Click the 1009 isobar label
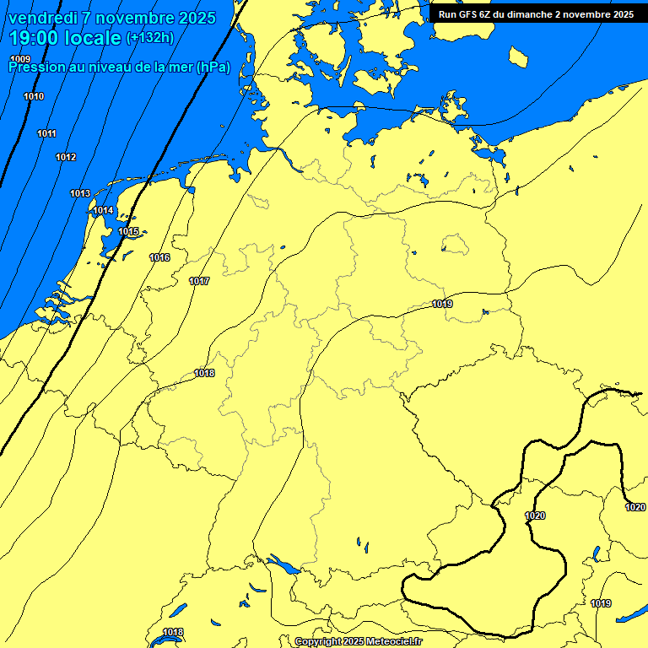(20, 58)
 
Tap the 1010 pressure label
(34, 96)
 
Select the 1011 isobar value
(46, 133)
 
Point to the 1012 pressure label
(66, 157)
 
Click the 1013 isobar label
(80, 193)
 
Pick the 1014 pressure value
(103, 210)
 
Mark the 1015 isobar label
(128, 231)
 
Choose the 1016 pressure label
(159, 257)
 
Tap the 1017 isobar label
(199, 281)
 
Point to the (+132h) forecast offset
(149, 37)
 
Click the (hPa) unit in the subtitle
(213, 67)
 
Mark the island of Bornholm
(518, 57)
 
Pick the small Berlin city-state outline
(455, 245)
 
